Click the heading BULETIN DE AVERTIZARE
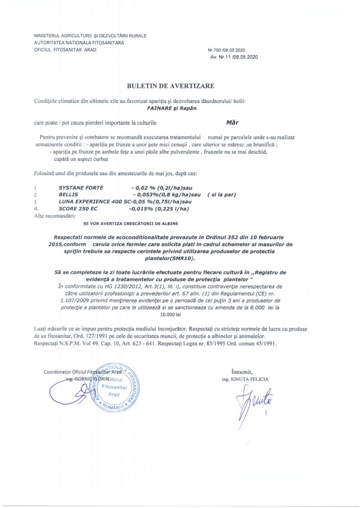click(170, 86)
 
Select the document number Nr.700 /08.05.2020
click(227, 50)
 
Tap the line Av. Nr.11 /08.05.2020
click(234, 57)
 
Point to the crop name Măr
click(232, 122)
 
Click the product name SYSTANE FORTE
click(81, 188)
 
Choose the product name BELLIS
click(68, 194)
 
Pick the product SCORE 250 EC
click(78, 208)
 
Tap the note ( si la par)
click(221, 194)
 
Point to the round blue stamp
click(113, 387)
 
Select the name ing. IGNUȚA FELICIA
click(245, 379)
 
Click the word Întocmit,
click(241, 372)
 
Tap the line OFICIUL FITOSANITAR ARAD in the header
click(65, 50)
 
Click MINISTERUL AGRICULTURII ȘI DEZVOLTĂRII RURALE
click(90, 36)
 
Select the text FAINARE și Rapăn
click(170, 108)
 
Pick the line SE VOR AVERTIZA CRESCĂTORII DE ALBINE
click(131, 224)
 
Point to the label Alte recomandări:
click(54, 216)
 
